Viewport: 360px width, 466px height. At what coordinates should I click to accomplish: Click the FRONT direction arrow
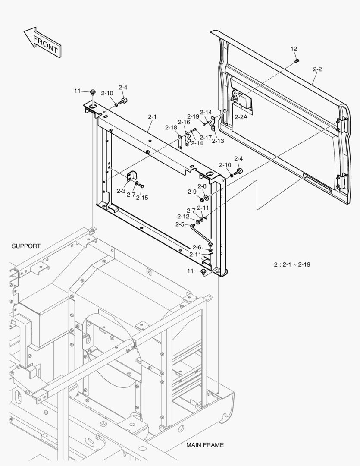pos(43,42)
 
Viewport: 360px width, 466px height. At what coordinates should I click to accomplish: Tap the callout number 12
pos(294,49)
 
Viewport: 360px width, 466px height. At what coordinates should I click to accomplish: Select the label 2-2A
pos(241,117)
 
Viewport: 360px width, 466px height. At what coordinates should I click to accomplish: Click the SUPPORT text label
pos(26,246)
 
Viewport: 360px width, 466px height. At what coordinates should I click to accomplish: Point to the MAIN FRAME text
pos(205,445)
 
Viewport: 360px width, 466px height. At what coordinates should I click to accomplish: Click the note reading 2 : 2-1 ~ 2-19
pos(292,264)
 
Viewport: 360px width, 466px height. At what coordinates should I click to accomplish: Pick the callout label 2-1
pos(152,117)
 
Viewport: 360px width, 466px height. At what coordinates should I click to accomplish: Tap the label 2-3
pos(121,191)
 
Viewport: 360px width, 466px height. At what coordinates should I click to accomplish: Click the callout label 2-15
pos(142,198)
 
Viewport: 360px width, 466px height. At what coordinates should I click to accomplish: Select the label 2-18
pos(171,127)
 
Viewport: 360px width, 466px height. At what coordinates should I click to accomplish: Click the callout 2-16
pos(184,122)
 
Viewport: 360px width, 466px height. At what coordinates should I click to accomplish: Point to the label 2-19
pos(193,116)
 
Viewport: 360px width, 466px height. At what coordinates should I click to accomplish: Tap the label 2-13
pos(218,141)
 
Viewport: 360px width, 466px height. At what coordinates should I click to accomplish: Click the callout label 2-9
pos(192,192)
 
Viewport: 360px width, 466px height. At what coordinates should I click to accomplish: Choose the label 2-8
pos(202,186)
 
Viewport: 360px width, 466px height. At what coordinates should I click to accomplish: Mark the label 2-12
pos(183,216)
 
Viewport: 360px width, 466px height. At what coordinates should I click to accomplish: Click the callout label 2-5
pos(180,224)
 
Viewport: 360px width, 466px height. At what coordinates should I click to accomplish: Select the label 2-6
pos(197,247)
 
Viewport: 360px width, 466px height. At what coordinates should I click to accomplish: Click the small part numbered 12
pos(297,61)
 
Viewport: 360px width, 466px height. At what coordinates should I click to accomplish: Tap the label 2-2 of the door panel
pos(317,69)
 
